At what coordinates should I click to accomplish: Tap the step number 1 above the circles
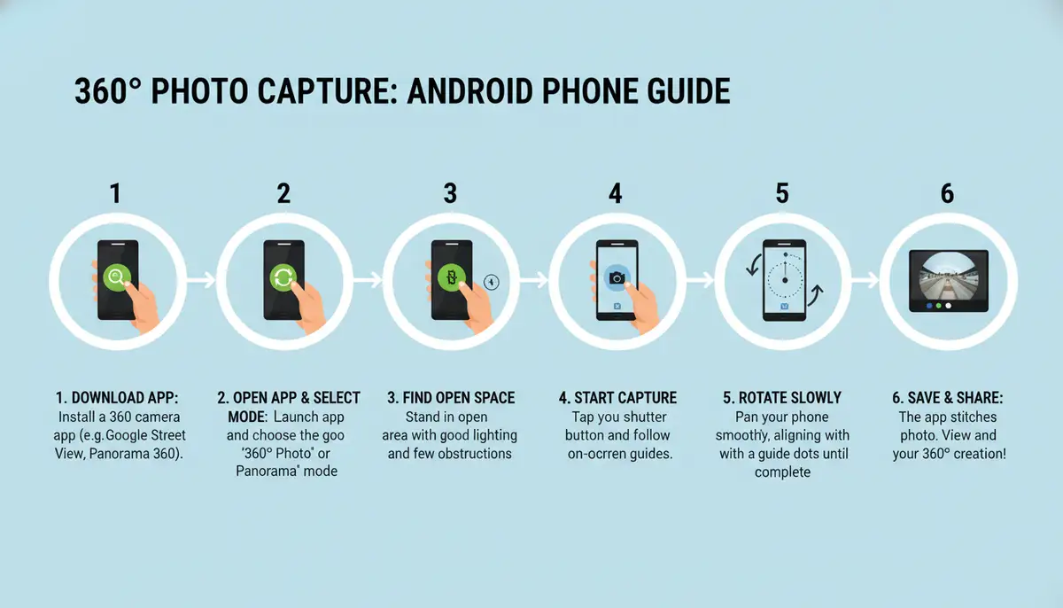click(115, 193)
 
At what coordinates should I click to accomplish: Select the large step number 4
click(616, 193)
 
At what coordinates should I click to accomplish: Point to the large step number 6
click(947, 193)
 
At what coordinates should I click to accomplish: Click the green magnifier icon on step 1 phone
click(116, 277)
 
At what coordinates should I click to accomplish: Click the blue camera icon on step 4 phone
click(617, 278)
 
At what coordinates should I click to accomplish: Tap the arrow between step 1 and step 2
click(200, 280)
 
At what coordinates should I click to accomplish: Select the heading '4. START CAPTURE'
click(617, 398)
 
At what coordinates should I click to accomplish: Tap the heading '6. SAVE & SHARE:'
click(948, 398)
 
